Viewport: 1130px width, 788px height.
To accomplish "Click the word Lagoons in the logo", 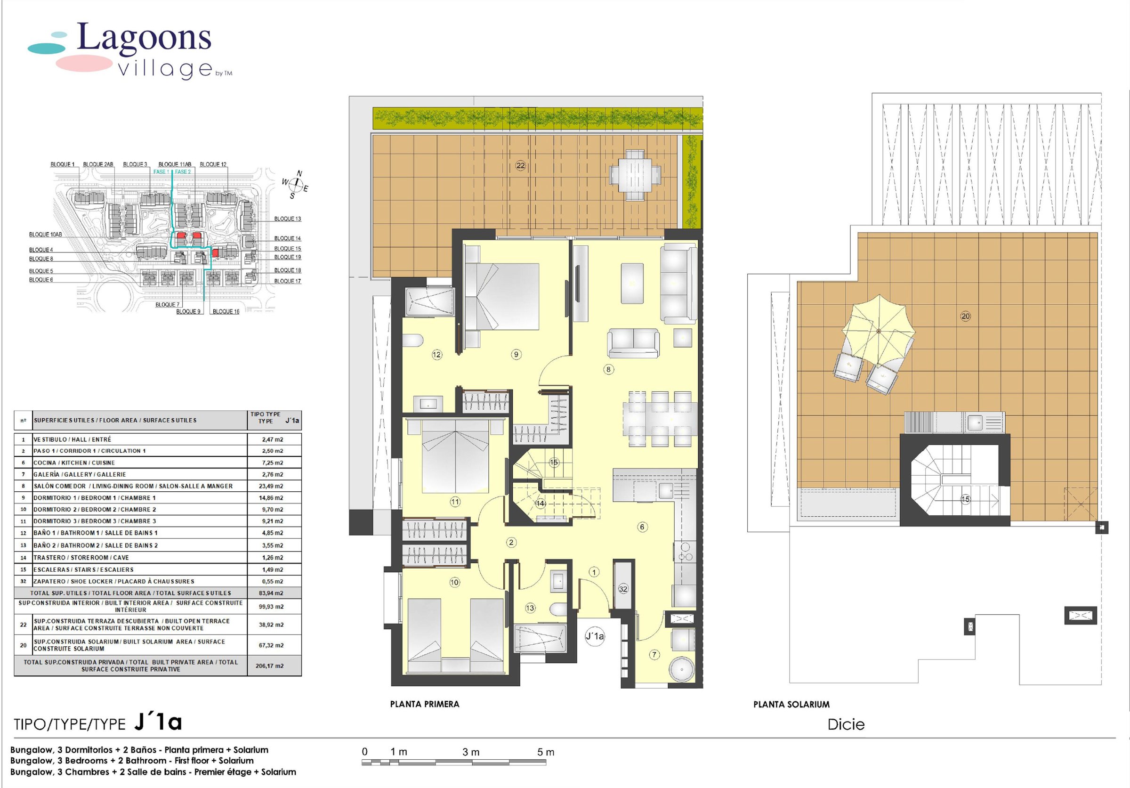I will pyautogui.click(x=144, y=37).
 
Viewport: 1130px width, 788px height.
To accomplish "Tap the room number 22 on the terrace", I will pyautogui.click(x=520, y=165).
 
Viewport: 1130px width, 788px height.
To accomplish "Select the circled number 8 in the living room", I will pyautogui.click(x=608, y=369).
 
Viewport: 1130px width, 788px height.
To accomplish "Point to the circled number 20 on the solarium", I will pyautogui.click(x=965, y=316).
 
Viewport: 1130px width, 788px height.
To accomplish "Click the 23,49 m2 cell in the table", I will pyautogui.click(x=272, y=486).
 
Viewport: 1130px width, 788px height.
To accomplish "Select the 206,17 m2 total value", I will pyautogui.click(x=269, y=666).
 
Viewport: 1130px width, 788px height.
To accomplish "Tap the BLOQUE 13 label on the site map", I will pyautogui.click(x=287, y=219).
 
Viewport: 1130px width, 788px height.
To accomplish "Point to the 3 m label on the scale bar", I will pyautogui.click(x=470, y=752).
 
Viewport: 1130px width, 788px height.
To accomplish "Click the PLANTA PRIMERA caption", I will pyautogui.click(x=424, y=704).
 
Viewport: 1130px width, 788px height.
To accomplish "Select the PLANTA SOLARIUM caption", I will pyautogui.click(x=791, y=705).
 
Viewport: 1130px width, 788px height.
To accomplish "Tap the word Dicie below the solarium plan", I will pyautogui.click(x=846, y=724).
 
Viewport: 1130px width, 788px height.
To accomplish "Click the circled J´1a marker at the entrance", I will pyautogui.click(x=595, y=636).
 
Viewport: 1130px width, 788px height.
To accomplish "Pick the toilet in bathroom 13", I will pyautogui.click(x=558, y=609).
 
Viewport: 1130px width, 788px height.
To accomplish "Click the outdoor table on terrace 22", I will pyautogui.click(x=635, y=174).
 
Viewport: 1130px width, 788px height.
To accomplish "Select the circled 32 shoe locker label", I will pyautogui.click(x=623, y=589).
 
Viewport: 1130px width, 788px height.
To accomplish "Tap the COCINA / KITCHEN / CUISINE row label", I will pyautogui.click(x=74, y=463).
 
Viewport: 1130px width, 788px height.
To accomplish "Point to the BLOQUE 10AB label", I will pyautogui.click(x=45, y=235).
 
